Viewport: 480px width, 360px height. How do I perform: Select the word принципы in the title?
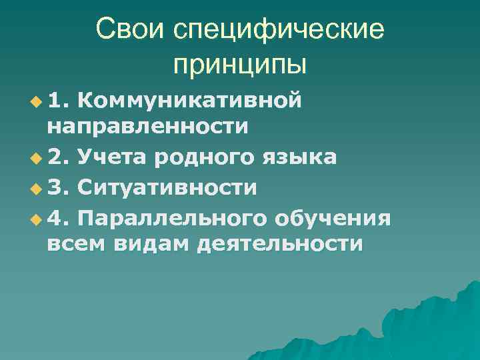[x=240, y=65]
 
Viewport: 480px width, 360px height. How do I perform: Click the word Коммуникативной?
[x=191, y=100]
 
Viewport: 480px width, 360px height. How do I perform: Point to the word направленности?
[x=148, y=127]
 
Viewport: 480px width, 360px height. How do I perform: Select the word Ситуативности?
[x=167, y=187]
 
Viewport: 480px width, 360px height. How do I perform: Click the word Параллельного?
[x=169, y=217]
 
